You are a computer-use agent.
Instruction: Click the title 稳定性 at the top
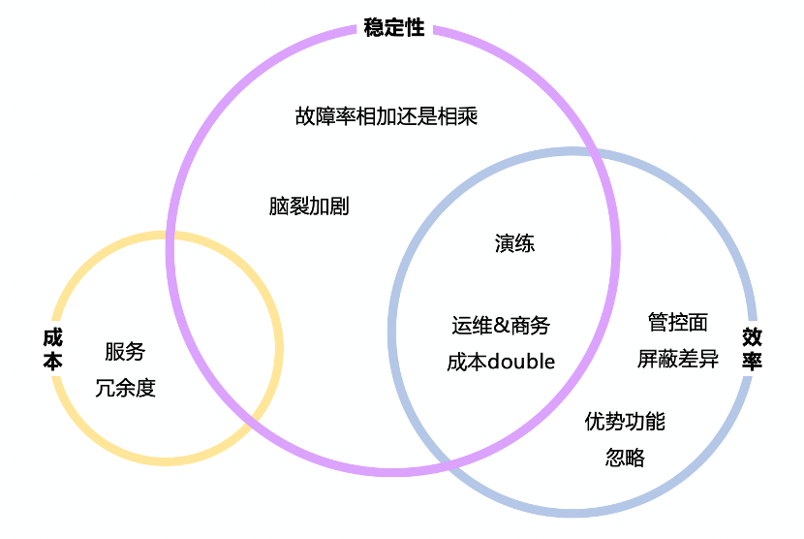point(394,27)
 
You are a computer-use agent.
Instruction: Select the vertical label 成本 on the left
point(52,349)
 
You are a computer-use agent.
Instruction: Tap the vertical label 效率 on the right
point(752,349)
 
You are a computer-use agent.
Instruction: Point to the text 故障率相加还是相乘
point(387,116)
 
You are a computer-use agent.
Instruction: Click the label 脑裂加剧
point(309,206)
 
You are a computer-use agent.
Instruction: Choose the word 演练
point(514,243)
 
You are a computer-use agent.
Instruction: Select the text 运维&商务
point(501,326)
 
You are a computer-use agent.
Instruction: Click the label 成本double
point(501,363)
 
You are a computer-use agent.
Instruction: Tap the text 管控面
point(677,322)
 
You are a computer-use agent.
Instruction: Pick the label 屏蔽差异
point(678,359)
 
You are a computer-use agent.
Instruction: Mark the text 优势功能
point(625,422)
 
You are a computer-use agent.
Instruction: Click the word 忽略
point(625,458)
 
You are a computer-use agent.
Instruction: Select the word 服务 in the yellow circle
point(125,351)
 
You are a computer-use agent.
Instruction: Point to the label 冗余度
point(126,389)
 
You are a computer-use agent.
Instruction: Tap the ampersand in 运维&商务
point(501,327)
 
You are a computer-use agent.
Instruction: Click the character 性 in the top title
point(416,27)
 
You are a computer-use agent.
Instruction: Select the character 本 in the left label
point(52,361)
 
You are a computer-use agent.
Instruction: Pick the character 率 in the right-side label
point(752,361)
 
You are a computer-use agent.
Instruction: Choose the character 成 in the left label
point(52,337)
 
